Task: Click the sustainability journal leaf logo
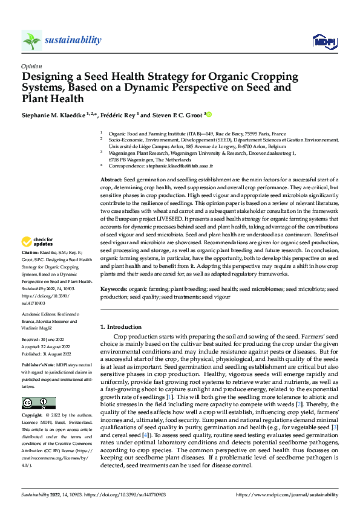[31, 41]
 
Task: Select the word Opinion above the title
[31, 67]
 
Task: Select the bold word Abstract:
[111, 180]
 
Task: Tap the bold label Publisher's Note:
[38, 366]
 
